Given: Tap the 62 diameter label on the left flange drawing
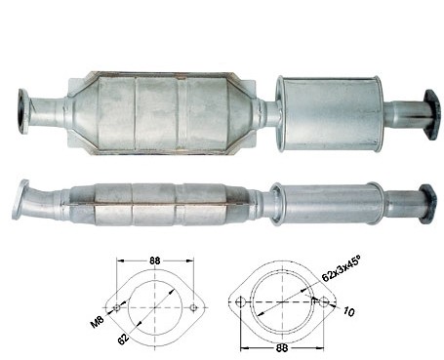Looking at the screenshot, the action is click(124, 339).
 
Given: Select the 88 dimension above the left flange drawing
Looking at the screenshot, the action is click(155, 260).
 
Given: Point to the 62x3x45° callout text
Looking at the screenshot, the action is click(342, 268).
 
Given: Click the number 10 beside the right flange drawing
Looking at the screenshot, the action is click(348, 312).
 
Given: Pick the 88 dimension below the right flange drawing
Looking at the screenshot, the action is click(282, 348).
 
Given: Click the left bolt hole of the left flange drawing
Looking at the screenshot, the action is click(117, 307).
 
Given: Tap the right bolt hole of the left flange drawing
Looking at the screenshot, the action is click(193, 307).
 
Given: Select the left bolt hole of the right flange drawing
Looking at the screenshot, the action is click(240, 302).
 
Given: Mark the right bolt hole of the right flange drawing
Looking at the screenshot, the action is click(323, 302).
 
